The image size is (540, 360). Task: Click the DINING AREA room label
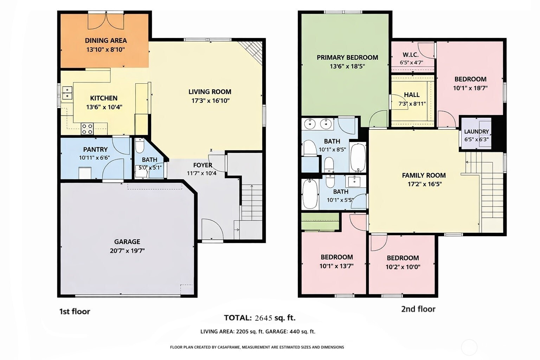[106, 40]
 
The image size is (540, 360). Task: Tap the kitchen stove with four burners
[87, 129]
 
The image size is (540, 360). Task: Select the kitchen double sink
[67, 93]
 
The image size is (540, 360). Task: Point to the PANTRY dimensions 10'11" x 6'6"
[95, 158]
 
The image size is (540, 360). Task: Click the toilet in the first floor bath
[140, 146]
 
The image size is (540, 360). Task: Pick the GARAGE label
[127, 242]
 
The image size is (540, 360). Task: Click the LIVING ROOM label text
[210, 92]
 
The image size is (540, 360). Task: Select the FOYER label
[203, 165]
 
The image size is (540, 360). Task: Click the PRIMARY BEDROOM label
[347, 57]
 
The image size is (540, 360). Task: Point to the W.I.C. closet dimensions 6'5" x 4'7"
[412, 63]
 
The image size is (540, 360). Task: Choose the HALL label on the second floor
[412, 95]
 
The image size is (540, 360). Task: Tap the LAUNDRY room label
[476, 131]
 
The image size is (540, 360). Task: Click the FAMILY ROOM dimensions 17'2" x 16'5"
[425, 184]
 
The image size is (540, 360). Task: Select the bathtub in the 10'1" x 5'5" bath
[310, 194]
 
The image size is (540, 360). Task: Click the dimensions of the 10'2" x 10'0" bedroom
[403, 267]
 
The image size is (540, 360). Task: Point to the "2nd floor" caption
[418, 309]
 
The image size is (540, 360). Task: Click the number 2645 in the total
[263, 318]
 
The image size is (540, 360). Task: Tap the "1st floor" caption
[75, 311]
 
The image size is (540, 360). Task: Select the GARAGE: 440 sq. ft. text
[302, 332]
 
